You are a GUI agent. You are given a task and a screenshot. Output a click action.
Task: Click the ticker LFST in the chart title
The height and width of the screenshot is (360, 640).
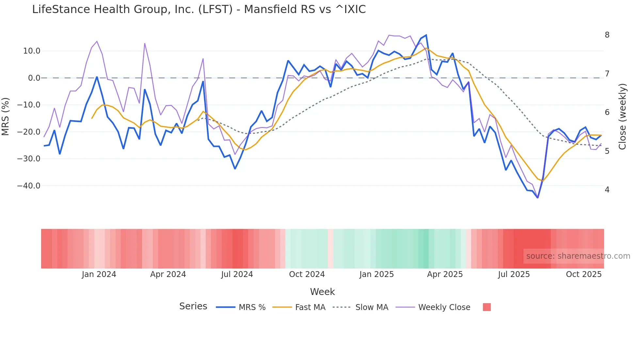coord(215,9)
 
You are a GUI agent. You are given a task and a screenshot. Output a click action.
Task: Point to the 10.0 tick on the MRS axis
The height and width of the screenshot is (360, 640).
coord(32,51)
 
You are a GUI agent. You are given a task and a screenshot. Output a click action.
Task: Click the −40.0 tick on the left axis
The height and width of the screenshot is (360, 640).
coord(29,186)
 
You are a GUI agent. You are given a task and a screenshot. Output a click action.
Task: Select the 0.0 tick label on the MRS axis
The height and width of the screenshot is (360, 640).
coord(34,78)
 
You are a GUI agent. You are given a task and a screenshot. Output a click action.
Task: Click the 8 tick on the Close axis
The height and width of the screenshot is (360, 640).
coord(607,35)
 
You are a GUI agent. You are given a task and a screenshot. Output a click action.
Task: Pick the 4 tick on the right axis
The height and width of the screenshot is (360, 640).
coord(607,190)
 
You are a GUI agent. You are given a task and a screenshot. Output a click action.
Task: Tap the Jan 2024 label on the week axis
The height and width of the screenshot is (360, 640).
coord(99,274)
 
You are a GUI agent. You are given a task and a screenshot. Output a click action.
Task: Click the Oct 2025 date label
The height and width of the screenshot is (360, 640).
coord(584,274)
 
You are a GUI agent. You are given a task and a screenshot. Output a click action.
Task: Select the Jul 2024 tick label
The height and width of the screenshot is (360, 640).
coord(237,274)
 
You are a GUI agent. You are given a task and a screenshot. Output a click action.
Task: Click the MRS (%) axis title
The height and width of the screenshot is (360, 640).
coord(6,116)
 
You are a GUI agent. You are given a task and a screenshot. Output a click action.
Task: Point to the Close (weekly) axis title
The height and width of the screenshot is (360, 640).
coord(622,116)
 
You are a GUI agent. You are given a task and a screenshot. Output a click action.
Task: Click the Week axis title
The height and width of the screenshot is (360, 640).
coord(322,292)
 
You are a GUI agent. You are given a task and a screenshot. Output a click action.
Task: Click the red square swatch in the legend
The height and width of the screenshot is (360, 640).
coord(487,307)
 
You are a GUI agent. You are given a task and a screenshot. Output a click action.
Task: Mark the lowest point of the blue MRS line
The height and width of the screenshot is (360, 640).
coord(537,198)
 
